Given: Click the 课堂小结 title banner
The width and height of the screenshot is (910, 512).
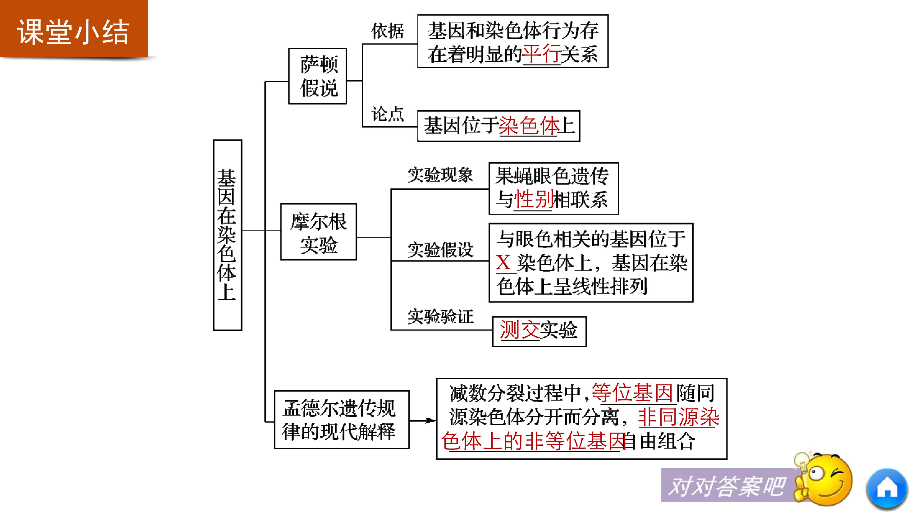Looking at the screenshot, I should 73,31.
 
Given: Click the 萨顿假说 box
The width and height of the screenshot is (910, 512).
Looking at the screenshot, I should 317,76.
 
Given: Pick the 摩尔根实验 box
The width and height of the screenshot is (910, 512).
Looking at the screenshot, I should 318,232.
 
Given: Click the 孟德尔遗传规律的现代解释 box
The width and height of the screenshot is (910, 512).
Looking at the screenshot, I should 341,419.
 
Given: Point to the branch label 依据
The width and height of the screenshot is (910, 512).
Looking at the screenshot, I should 387,31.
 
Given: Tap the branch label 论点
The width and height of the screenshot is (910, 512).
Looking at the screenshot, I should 387,114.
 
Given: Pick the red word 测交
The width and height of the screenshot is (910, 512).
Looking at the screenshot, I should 519,330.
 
